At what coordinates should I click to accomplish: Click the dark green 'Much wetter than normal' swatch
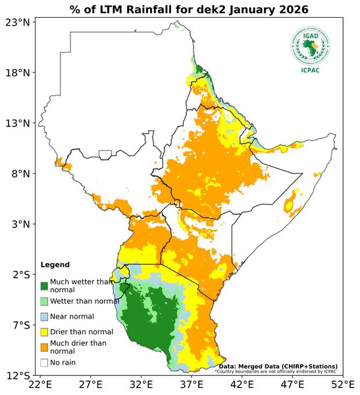coord(44,286)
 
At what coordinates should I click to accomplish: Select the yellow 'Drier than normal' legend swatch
coord(44,331)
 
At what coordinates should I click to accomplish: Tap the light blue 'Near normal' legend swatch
coord(44,316)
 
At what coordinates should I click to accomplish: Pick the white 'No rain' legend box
coord(44,362)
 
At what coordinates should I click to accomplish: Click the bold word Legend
coord(55,265)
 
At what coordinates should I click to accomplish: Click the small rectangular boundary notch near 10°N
coord(105,155)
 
